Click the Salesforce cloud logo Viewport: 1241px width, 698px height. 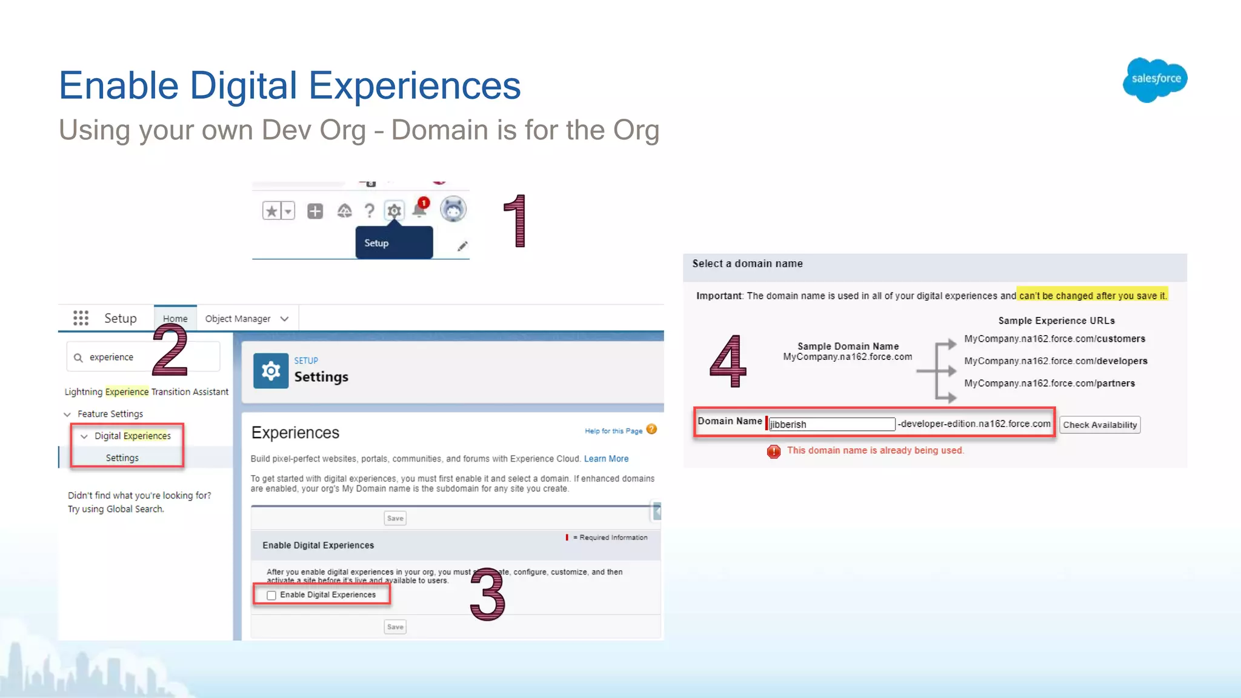[x=1155, y=79]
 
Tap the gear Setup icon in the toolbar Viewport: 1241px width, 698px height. [x=394, y=211]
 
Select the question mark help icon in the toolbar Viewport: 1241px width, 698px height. [x=369, y=211]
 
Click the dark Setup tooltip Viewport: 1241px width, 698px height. [x=394, y=243]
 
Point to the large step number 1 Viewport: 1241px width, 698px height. [x=516, y=221]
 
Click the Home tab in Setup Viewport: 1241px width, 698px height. [x=175, y=319]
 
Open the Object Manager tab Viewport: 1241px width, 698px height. [x=246, y=319]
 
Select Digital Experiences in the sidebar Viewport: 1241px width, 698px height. [x=132, y=436]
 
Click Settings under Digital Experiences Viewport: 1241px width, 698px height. [x=122, y=458]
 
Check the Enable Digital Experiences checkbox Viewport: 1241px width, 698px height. [x=271, y=596]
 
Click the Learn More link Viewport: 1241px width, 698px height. [x=606, y=459]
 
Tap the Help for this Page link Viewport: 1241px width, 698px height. [x=613, y=431]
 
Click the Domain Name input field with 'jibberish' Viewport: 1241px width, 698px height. [x=831, y=424]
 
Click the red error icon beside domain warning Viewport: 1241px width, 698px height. [x=774, y=451]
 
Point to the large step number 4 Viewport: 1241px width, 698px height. [x=728, y=361]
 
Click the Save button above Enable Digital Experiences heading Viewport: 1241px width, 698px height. [x=395, y=518]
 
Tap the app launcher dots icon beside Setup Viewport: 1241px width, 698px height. [x=81, y=318]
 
